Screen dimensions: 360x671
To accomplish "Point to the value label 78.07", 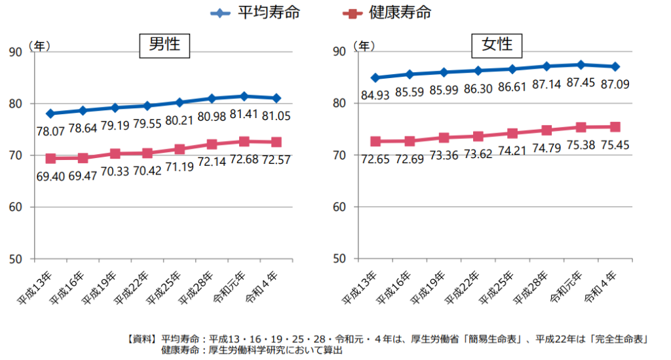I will point(50,132).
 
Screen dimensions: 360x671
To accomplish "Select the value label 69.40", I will point(50,177).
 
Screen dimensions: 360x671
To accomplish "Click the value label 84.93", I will point(375,96).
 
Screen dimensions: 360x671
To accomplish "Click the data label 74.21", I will point(511,151).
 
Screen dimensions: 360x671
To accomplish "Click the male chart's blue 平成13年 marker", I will point(50,113).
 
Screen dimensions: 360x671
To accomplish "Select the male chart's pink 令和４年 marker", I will point(276,142).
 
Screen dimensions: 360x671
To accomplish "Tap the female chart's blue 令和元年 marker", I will point(581,65).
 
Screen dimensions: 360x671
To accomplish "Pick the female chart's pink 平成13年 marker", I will point(375,142).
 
